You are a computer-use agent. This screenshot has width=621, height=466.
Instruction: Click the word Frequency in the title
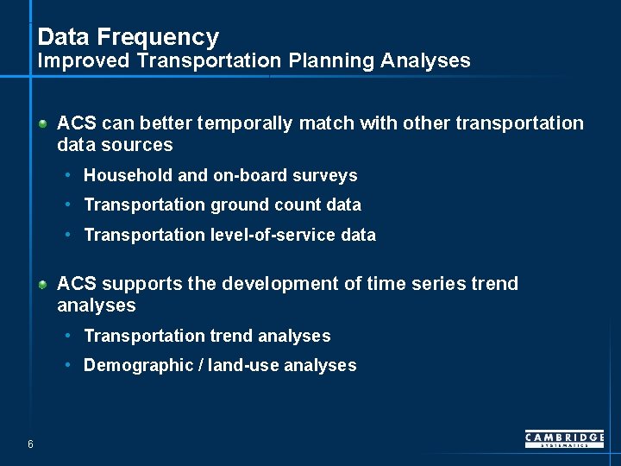point(158,37)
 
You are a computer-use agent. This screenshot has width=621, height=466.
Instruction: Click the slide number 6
point(30,444)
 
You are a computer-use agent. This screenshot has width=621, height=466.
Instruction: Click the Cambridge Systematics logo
point(564,439)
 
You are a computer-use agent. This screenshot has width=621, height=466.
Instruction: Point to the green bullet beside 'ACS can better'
point(42,123)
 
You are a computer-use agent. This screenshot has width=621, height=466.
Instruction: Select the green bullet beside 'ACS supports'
point(42,284)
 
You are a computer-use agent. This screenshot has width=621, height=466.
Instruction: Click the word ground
point(239,205)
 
